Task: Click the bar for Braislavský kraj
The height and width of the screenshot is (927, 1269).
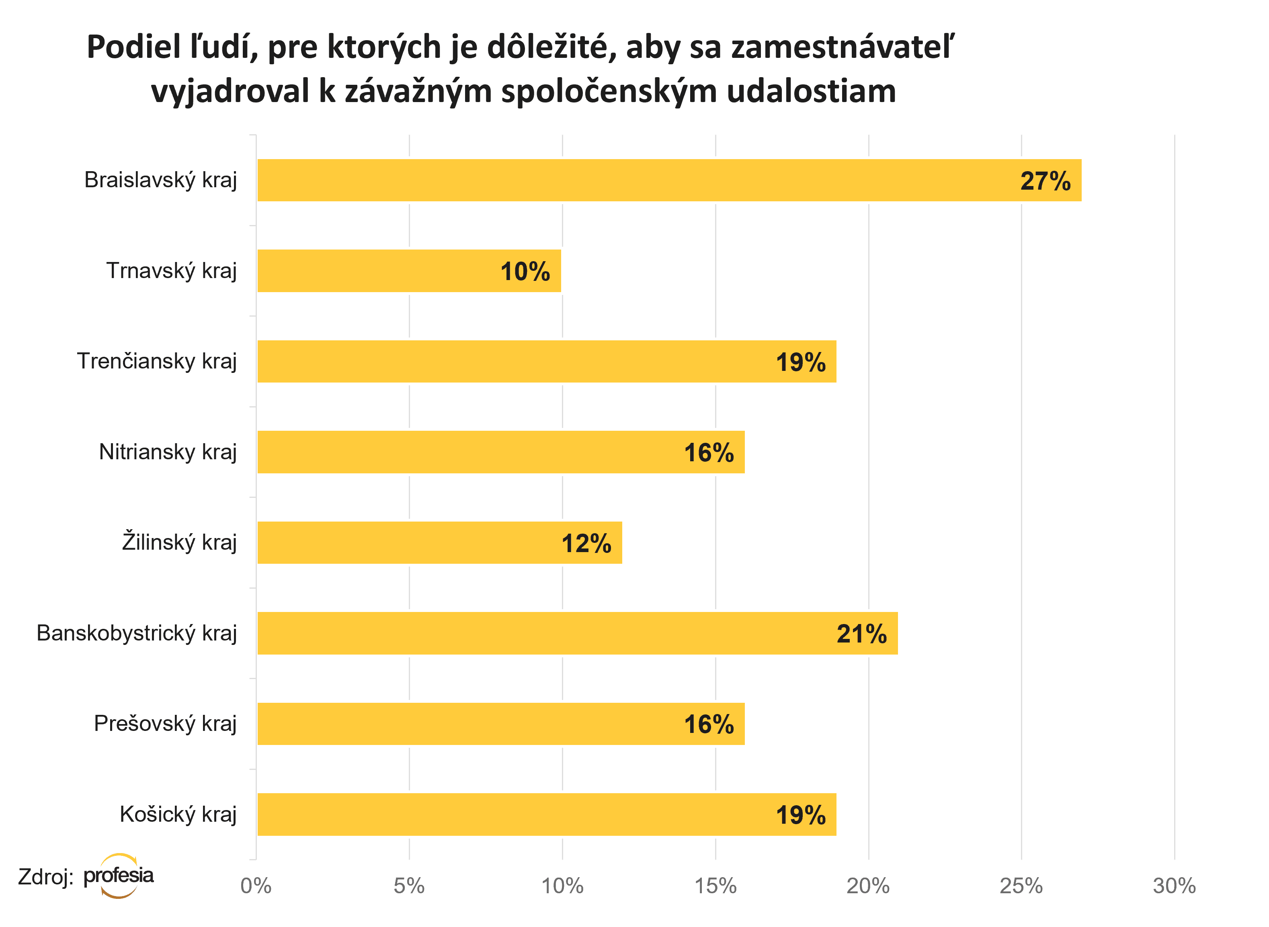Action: coord(668,180)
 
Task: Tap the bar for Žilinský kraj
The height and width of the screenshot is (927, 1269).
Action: coord(439,542)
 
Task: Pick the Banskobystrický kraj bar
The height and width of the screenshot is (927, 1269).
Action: coord(577,633)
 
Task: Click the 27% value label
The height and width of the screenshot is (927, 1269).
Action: coord(1045,181)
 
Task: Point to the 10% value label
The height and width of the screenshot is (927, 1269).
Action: coord(525,272)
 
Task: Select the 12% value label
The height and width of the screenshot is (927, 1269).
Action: coord(586,544)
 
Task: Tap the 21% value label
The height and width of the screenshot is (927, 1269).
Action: coord(861,634)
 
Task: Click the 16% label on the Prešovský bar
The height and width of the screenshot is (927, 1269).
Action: coord(708,725)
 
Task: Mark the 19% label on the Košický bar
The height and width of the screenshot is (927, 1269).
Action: coord(800,816)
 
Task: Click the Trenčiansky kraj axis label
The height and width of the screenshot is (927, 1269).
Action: coord(157,361)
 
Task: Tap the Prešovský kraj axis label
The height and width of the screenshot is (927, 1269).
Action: coord(165,724)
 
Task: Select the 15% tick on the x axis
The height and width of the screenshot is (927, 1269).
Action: coord(715,886)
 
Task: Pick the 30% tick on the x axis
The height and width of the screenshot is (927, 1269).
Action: coord(1174,886)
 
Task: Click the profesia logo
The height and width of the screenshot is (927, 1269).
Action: coord(119,876)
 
